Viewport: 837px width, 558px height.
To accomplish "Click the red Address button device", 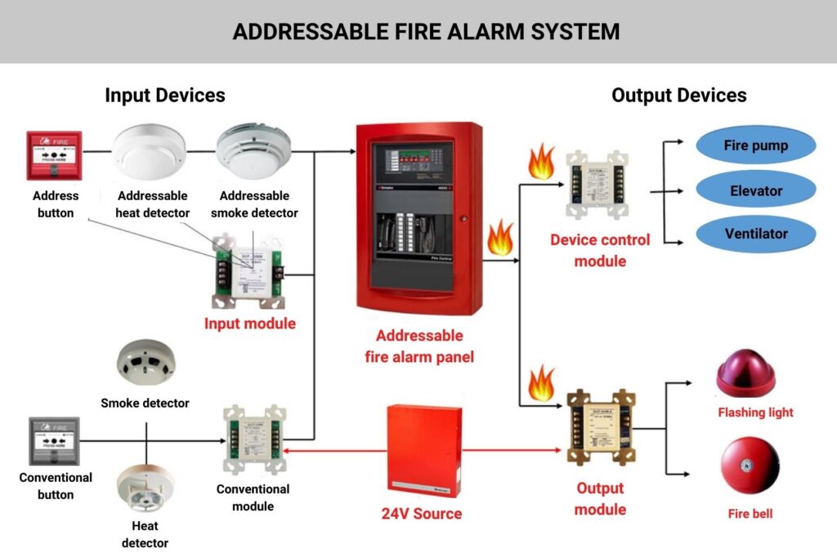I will (54, 155).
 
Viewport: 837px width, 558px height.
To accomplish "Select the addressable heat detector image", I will (149, 152).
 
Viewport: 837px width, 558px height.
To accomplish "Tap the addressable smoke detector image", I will (253, 152).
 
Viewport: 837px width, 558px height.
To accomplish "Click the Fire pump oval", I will (755, 146).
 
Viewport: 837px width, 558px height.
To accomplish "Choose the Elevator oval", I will (755, 191).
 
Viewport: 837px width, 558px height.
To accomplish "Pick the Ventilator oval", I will (755, 234).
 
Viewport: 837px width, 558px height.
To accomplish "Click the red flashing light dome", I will (745, 374).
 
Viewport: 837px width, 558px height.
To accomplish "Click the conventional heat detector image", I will (145, 489).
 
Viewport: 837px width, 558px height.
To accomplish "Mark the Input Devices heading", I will (164, 95).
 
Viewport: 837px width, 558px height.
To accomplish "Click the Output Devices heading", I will (678, 95).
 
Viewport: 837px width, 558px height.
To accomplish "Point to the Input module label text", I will (249, 324).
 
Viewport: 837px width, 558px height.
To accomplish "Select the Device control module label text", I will (600, 250).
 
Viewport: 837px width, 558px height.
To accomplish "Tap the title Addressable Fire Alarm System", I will (426, 32).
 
